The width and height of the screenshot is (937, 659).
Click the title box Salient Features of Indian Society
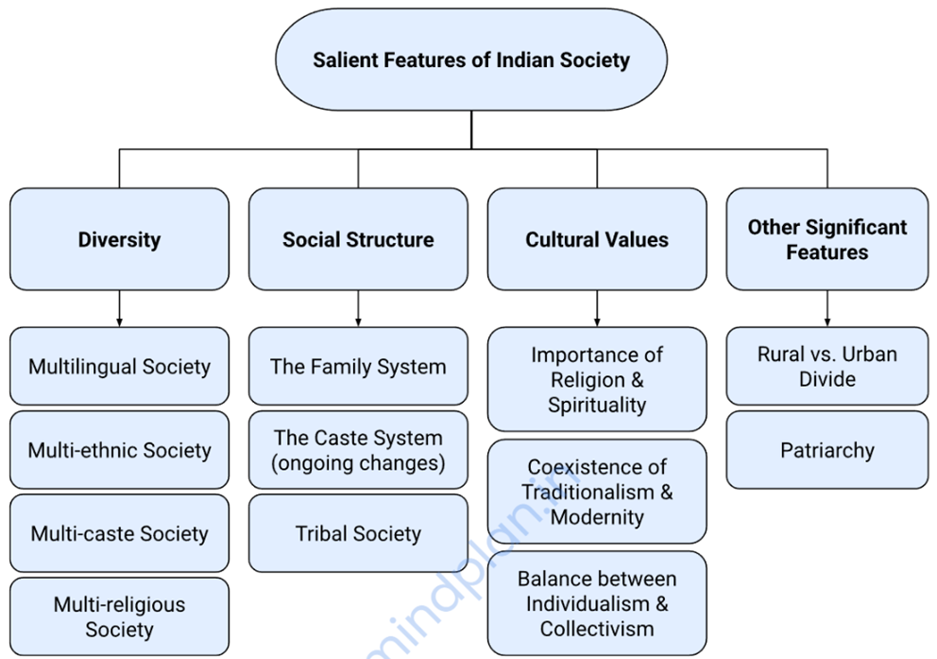pos(470,61)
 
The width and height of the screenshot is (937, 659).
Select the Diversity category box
pos(119,239)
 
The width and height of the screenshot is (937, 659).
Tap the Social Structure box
pos(358,239)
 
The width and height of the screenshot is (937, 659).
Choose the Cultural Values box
pos(597,239)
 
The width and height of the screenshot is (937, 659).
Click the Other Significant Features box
pos(826,239)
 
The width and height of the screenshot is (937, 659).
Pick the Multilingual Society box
pos(119,366)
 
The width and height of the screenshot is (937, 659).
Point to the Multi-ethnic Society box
pos(119,450)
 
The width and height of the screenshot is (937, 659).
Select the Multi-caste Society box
pos(119,533)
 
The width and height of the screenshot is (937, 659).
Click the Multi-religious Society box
pos(119,616)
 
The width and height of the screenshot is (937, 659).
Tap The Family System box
pos(358,366)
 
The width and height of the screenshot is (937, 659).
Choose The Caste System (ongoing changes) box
pos(358,450)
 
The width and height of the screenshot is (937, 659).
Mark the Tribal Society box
pos(358,533)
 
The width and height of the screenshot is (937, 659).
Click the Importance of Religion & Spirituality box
pos(597,379)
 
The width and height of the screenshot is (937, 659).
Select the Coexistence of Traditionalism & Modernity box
pos(597,492)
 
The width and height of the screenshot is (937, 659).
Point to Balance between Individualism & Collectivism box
pos(597,603)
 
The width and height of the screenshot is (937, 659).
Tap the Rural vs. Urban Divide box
pos(826,366)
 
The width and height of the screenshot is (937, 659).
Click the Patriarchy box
pos(826,450)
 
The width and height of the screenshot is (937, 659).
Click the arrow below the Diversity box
pos(119,308)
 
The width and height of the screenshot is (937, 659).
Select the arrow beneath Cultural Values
pos(597,308)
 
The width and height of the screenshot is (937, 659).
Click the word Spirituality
pos(597,405)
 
